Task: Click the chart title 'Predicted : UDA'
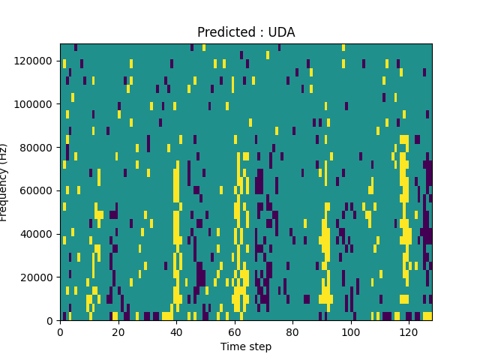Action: (x=246, y=32)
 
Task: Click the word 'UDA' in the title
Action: (x=280, y=32)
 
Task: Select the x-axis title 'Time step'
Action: (x=246, y=346)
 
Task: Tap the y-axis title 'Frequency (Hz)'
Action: (x=4, y=182)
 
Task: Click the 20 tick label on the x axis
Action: (x=118, y=331)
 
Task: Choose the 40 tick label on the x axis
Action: (x=176, y=331)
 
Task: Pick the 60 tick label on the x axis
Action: (x=235, y=331)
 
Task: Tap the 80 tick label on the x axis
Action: (x=292, y=331)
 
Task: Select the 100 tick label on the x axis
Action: (x=351, y=331)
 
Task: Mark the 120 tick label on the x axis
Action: (x=409, y=331)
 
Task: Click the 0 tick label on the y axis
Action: (x=50, y=321)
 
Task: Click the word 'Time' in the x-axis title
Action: (x=232, y=346)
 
